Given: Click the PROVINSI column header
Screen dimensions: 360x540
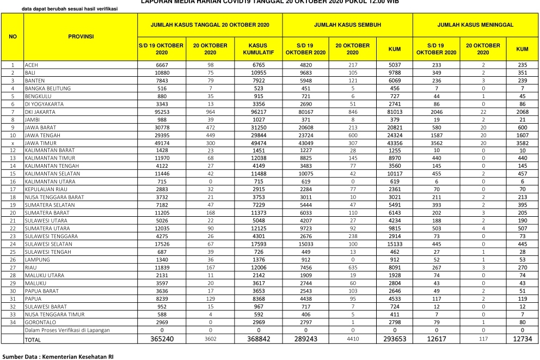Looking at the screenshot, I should tap(81, 36).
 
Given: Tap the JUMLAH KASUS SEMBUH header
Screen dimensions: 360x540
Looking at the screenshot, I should tap(347, 25).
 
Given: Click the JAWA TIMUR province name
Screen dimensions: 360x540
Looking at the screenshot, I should tap(40, 143).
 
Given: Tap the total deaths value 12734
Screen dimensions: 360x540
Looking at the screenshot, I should tap(522, 339).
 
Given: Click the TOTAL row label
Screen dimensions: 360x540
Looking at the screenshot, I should tap(32, 340).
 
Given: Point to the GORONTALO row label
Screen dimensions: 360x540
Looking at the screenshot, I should tap(38, 322).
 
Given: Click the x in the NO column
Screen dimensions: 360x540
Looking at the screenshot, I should tap(12, 143).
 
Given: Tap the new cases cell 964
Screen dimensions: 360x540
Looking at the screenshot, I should tap(210, 111).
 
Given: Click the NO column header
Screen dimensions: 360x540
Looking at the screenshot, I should tap(12, 36).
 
